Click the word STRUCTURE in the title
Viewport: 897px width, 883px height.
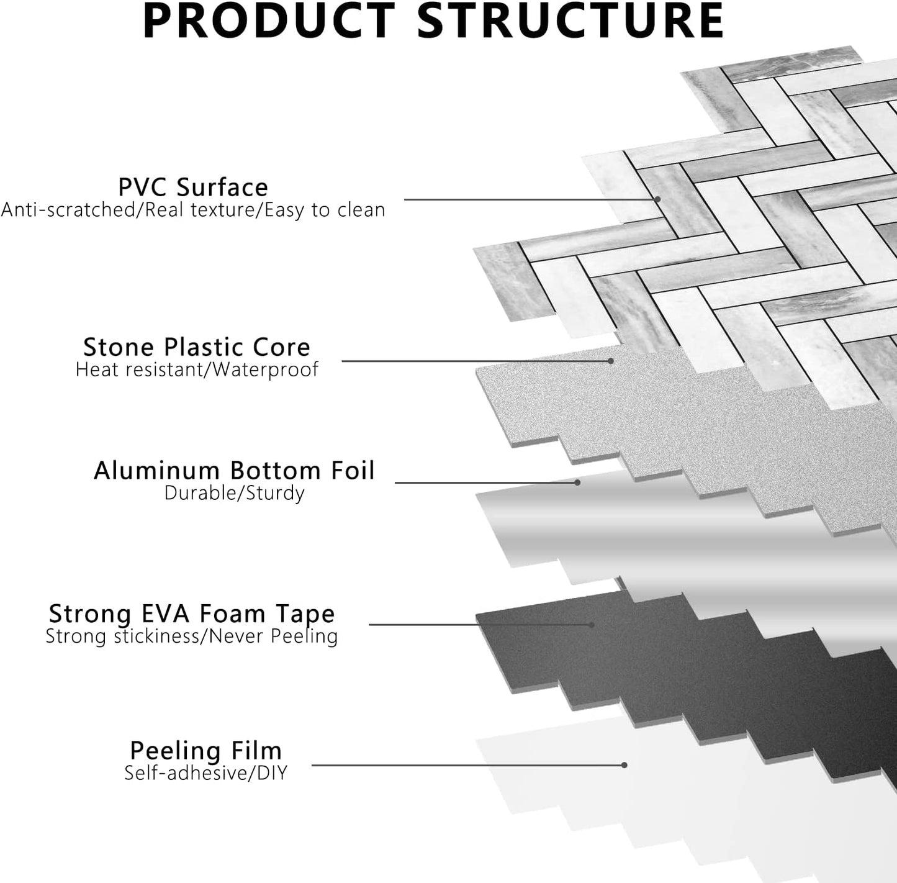570,21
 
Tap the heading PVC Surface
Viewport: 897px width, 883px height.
193,187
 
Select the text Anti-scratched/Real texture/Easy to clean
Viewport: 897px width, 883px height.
193,210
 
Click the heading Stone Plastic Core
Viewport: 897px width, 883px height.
197,346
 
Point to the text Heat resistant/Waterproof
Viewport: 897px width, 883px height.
197,369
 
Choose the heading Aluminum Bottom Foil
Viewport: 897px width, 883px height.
234,470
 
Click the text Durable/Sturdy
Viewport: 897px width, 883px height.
234,493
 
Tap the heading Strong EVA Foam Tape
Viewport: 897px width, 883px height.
192,614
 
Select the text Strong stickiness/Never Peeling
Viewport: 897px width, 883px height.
192,636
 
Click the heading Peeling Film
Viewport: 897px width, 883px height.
206,750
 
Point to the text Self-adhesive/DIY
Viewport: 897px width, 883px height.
206,773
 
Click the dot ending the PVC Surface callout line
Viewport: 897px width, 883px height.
657,199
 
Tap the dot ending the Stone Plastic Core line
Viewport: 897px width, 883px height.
611,361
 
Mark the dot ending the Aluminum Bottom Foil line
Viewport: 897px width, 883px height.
577,482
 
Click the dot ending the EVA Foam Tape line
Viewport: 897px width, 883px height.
592,625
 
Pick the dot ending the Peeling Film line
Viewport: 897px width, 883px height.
624,765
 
